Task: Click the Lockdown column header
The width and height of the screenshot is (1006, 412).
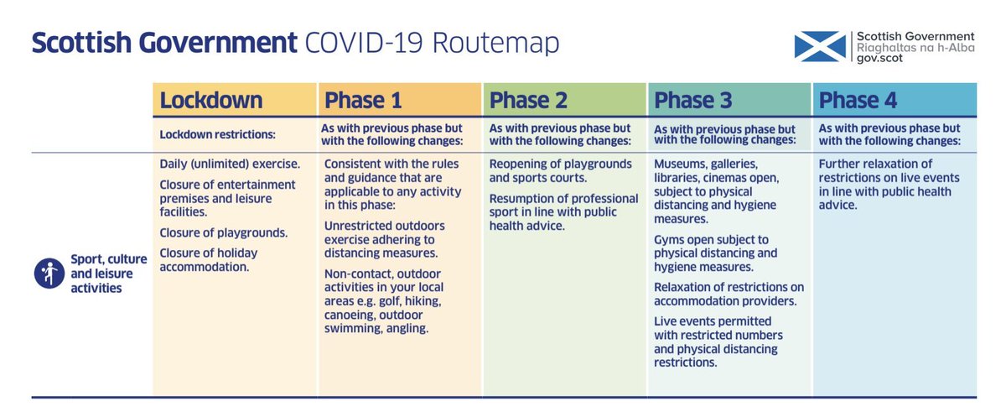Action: pyautogui.click(x=210, y=101)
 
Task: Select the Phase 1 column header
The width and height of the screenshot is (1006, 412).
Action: pyautogui.click(x=363, y=101)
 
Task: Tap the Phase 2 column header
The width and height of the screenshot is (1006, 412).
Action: pyautogui.click(x=529, y=101)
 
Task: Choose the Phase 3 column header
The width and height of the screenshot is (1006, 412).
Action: pyautogui.click(x=693, y=101)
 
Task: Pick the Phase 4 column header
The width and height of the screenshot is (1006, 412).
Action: pyautogui.click(x=858, y=101)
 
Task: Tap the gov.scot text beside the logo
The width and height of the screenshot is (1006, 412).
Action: pyautogui.click(x=879, y=62)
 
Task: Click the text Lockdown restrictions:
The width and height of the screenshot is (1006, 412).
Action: pyautogui.click(x=217, y=134)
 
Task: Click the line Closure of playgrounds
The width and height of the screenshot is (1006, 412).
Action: pyautogui.click(x=223, y=232)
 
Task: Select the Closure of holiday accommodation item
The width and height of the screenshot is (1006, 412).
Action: pyautogui.click(x=209, y=260)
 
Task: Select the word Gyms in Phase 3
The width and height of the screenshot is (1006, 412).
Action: pyautogui.click(x=670, y=239)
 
